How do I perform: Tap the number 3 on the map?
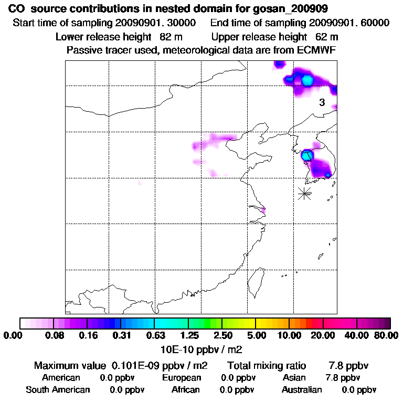[322, 103]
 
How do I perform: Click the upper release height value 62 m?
[326, 37]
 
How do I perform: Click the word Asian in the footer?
[294, 378]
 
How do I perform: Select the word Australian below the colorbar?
[302, 390]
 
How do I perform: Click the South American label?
[58, 390]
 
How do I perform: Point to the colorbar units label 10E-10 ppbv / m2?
[201, 348]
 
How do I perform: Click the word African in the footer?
[185, 390]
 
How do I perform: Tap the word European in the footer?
[182, 378]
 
